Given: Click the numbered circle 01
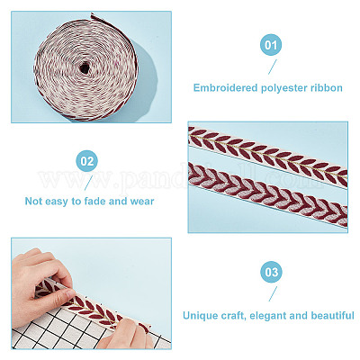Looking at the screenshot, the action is click(271, 45).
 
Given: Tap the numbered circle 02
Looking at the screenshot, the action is click(87, 161).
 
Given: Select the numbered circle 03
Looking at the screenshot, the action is click(271, 272).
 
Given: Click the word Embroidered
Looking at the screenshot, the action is click(225, 88).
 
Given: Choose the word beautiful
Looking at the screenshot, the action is click(332, 316).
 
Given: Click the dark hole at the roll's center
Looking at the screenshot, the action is click(85, 68).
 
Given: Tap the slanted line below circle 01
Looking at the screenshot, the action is click(273, 67).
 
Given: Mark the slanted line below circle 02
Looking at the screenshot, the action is click(89, 183).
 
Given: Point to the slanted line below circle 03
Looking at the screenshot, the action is click(273, 293).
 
